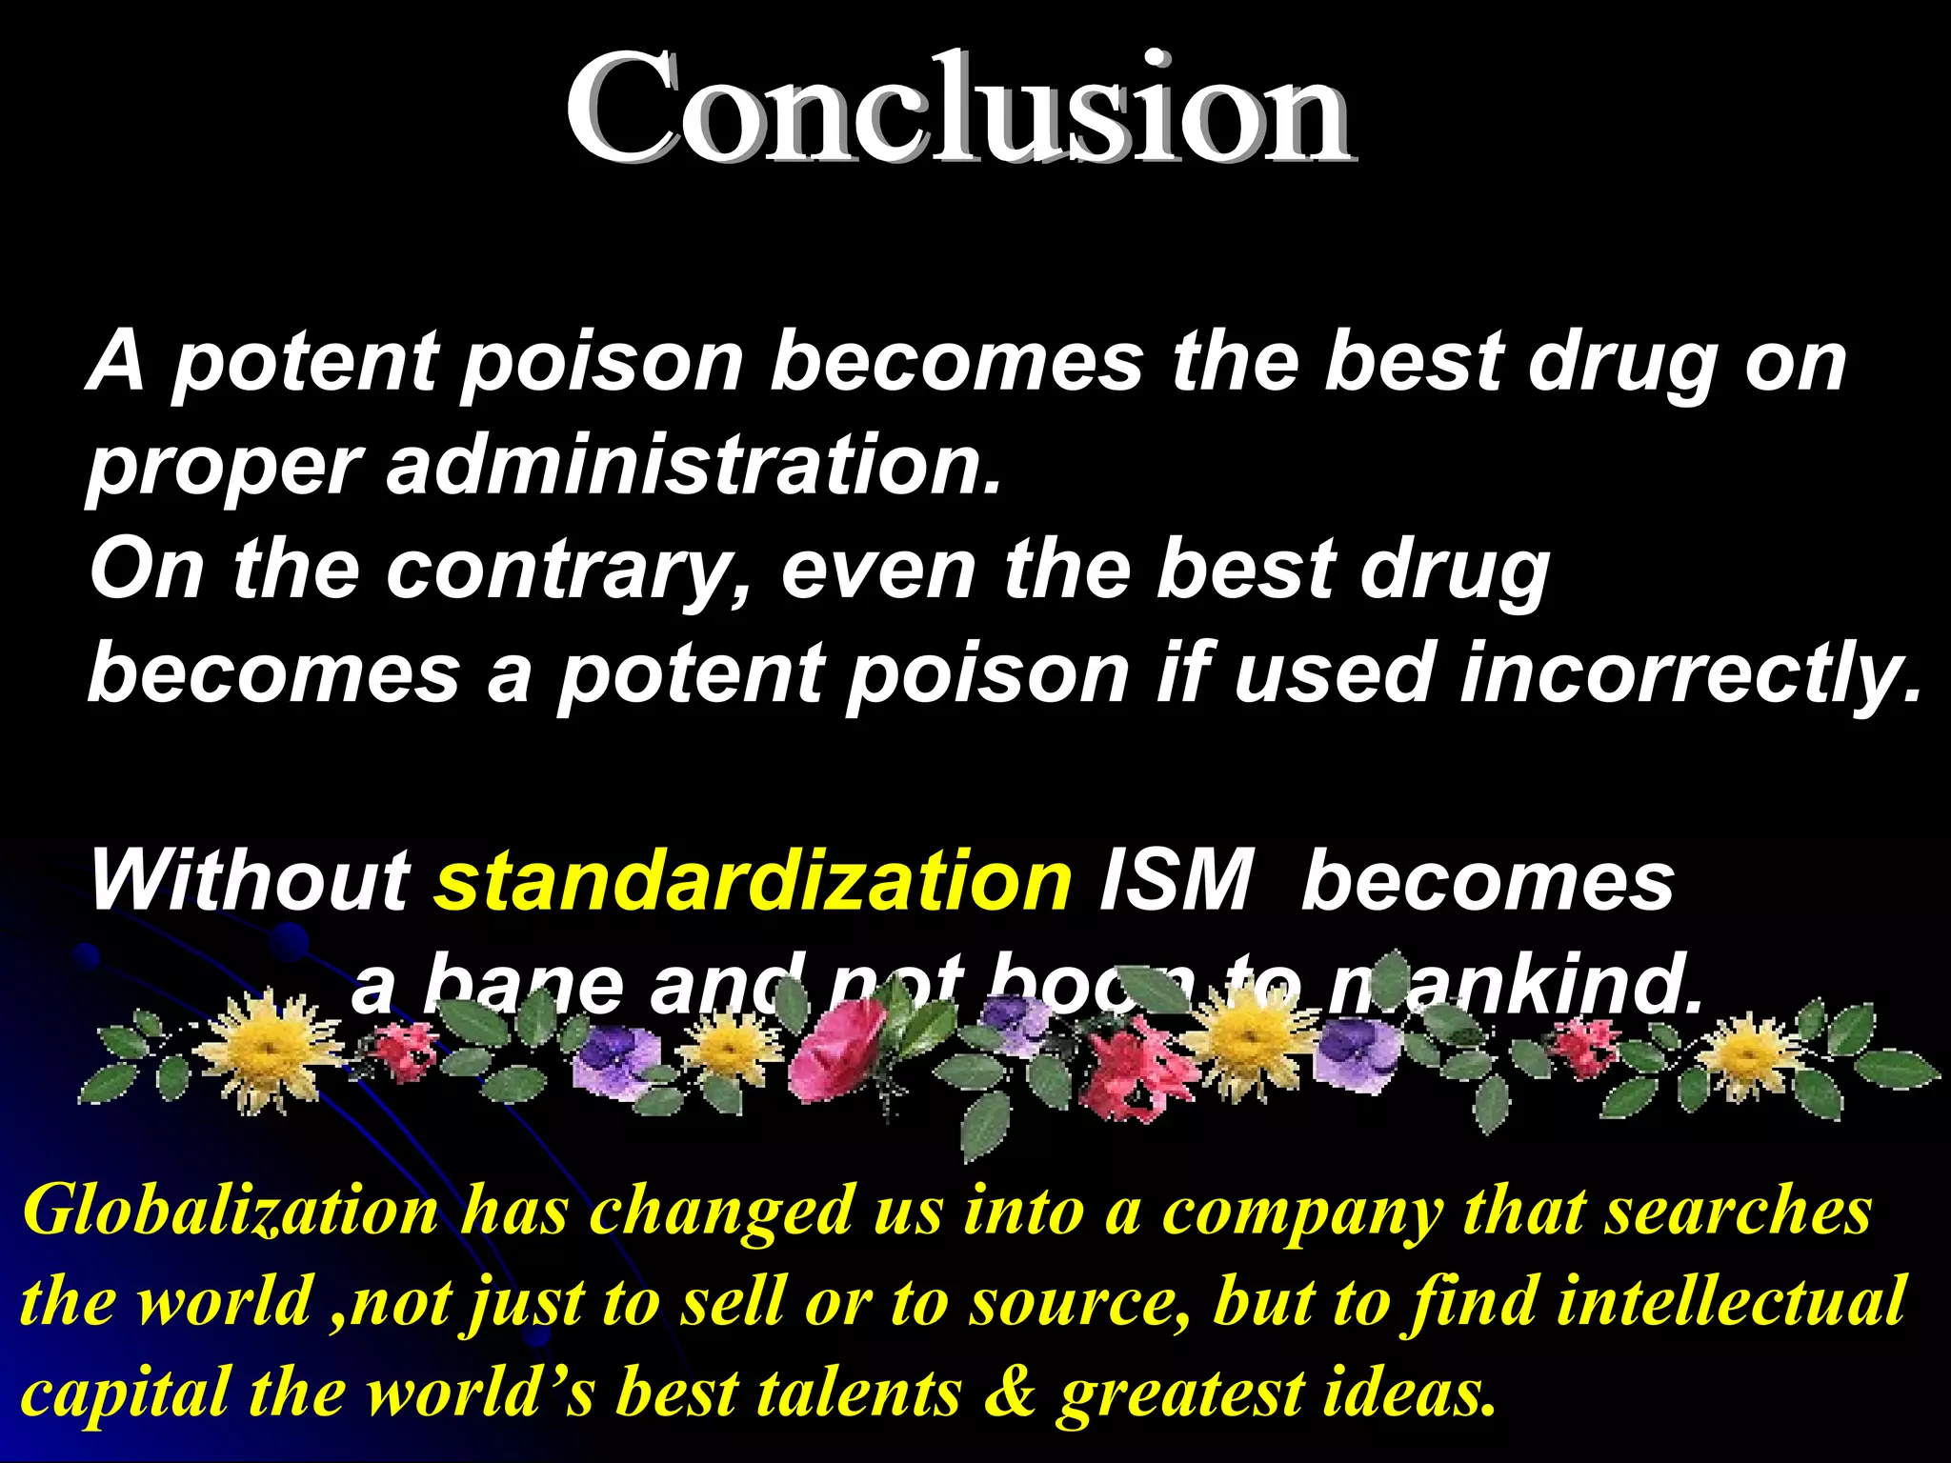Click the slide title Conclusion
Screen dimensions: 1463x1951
[x=957, y=110]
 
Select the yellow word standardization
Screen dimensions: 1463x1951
[x=754, y=881]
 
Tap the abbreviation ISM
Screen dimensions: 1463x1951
[x=1174, y=881]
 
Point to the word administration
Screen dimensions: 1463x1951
[x=694, y=466]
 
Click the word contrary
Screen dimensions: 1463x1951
[x=566, y=571]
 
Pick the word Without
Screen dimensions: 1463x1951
[x=250, y=881]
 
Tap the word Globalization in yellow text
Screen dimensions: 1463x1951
[x=230, y=1212]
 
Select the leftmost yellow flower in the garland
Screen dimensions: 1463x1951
[x=267, y=1048]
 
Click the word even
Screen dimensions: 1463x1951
[x=877, y=571]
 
